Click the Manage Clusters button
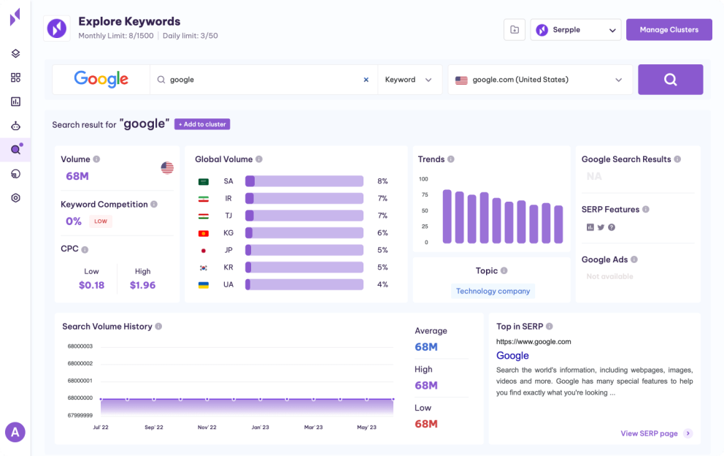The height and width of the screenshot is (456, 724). click(669, 30)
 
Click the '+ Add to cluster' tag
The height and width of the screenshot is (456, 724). click(202, 124)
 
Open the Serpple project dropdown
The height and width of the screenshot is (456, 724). click(576, 30)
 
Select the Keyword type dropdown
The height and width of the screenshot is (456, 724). click(409, 80)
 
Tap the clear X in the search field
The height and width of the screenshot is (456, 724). click(366, 80)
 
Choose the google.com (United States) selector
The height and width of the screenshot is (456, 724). click(540, 80)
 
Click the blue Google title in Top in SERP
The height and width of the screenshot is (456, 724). click(512, 356)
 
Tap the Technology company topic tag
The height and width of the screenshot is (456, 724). click(493, 291)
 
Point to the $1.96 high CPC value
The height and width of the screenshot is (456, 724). click(142, 285)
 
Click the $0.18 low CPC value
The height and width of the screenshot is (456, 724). click(91, 285)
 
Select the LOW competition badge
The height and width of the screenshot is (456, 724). click(101, 221)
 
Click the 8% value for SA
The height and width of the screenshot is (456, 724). click(382, 181)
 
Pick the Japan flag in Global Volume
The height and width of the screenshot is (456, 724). click(204, 250)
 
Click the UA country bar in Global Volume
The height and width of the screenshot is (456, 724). click(304, 284)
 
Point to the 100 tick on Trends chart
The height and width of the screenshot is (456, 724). click(423, 179)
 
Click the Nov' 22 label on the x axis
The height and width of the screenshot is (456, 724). click(207, 427)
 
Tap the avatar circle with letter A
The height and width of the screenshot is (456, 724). click(15, 432)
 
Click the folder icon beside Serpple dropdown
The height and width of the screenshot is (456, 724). click(515, 30)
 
